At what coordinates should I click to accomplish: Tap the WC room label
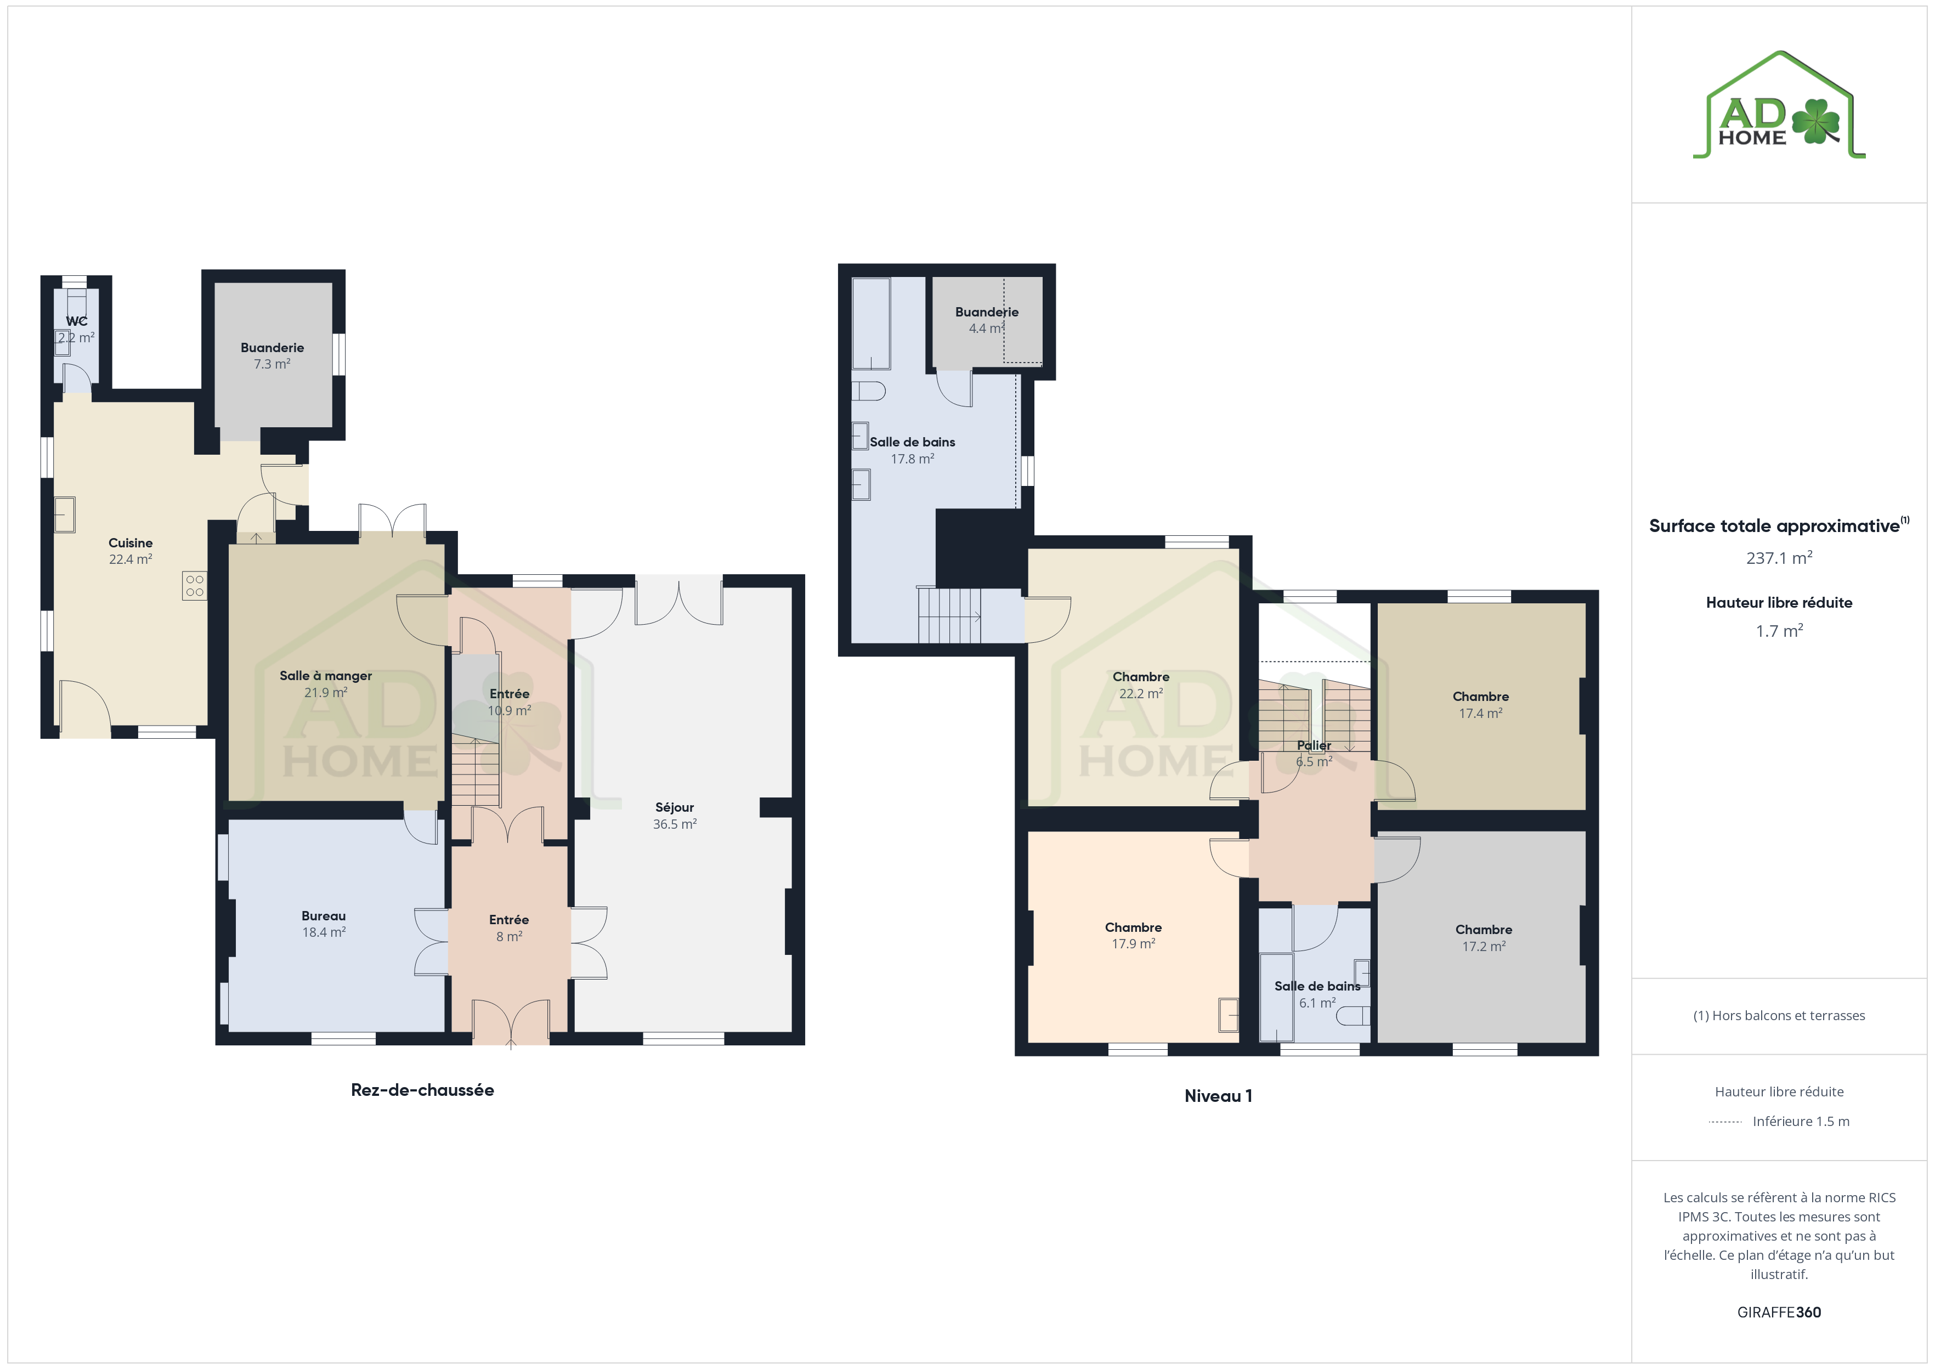(x=77, y=321)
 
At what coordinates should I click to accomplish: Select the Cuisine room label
(x=131, y=543)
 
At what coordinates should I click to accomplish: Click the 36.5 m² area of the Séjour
(x=674, y=824)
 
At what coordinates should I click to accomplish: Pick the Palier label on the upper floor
(x=1314, y=745)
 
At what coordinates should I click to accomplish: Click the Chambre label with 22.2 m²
(x=1141, y=677)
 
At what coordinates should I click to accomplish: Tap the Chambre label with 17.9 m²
(x=1134, y=927)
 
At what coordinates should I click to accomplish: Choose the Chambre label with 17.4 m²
(x=1481, y=697)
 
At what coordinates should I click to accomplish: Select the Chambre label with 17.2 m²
(x=1484, y=929)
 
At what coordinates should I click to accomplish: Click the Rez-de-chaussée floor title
(x=422, y=1090)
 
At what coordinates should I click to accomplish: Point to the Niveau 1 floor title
(x=1219, y=1096)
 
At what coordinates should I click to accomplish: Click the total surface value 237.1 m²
(x=1779, y=558)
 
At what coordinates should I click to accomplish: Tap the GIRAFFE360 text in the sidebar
(x=1779, y=1313)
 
